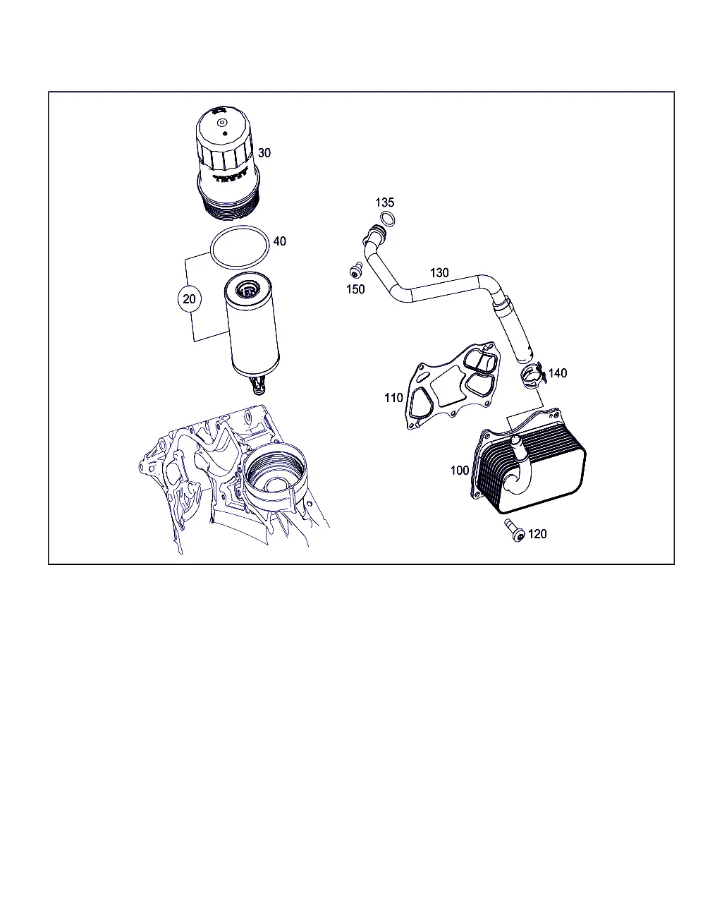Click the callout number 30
coord(264,153)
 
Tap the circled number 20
coord(189,298)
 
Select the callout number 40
coord(279,241)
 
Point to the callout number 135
coord(385,202)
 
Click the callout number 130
coord(439,273)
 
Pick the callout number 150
coord(355,289)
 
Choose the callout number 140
coord(558,373)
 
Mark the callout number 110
coord(393,398)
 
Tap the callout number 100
coord(460,471)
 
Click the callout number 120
coord(537,534)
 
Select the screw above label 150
coord(356,270)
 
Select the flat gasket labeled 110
coord(452,386)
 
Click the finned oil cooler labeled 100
coord(530,461)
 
